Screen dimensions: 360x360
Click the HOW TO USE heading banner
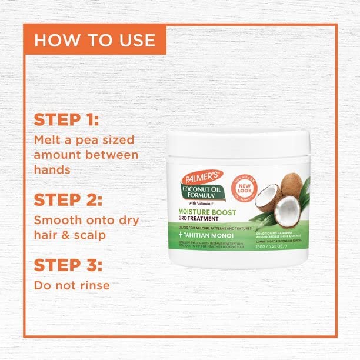point(94,40)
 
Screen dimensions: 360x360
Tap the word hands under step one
point(53,169)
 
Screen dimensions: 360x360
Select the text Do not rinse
point(72,286)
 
